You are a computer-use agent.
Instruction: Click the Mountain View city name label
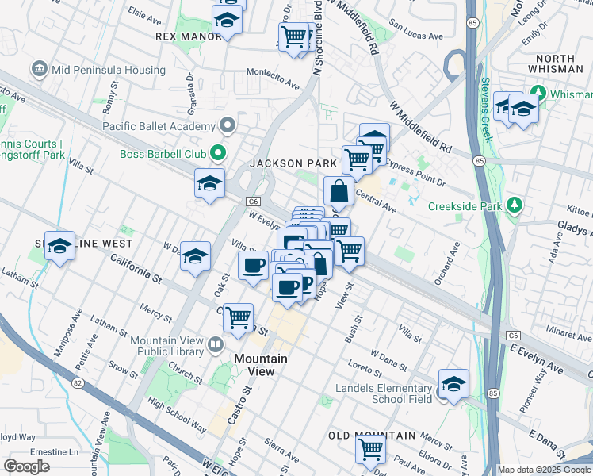pyautogui.click(x=254, y=365)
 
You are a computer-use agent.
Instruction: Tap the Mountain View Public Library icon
pyautogui.click(x=215, y=345)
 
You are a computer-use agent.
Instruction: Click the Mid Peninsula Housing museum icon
pyautogui.click(x=39, y=70)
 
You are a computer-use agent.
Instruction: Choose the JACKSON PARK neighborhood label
pyautogui.click(x=294, y=163)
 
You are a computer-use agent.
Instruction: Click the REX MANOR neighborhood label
pyautogui.click(x=189, y=36)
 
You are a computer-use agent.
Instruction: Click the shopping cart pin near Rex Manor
pyautogui.click(x=293, y=36)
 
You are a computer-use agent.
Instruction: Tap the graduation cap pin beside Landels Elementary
pyautogui.click(x=453, y=384)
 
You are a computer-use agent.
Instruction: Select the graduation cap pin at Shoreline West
pyautogui.click(x=59, y=247)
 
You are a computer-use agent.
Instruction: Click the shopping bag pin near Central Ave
pyautogui.click(x=339, y=192)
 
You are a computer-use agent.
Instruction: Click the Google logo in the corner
pyautogui.click(x=27, y=466)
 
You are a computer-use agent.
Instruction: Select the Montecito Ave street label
pyautogui.click(x=274, y=83)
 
